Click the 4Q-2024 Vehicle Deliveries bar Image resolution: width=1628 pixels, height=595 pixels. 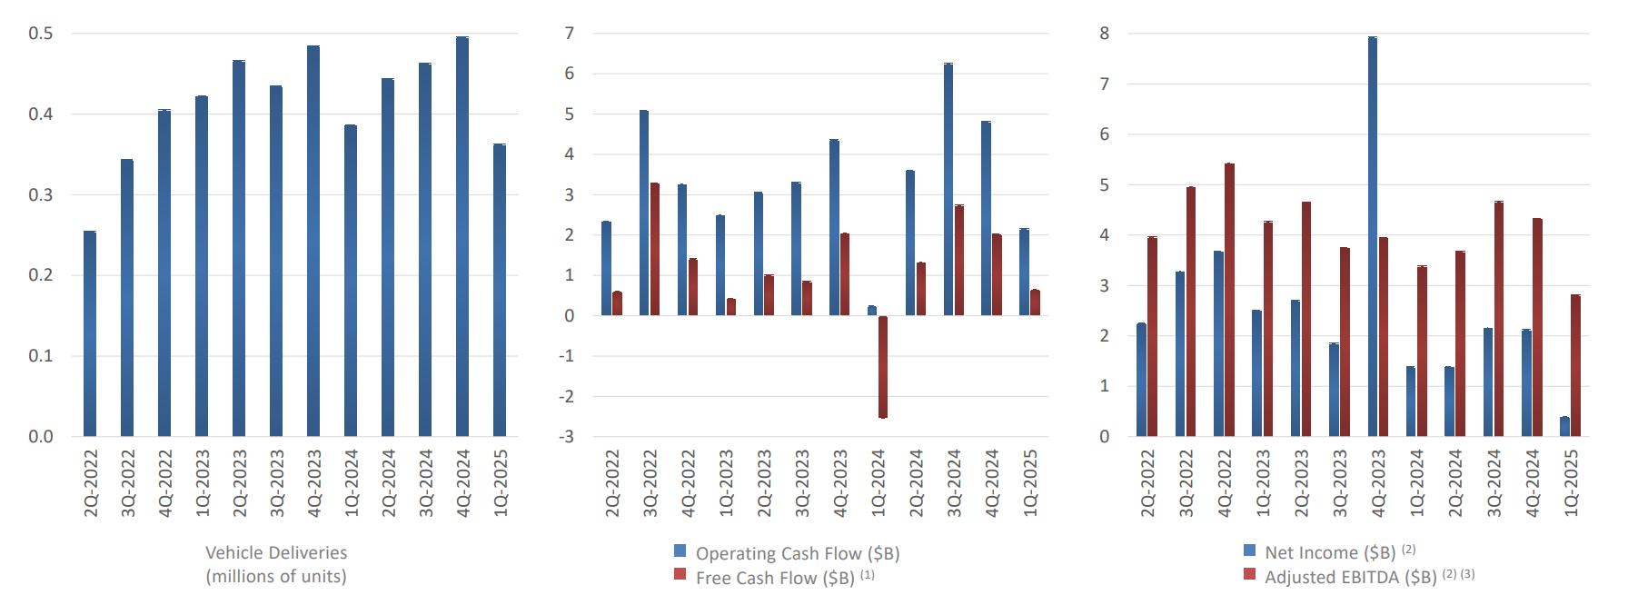click(462, 236)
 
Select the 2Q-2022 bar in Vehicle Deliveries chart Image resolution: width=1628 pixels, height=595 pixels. click(90, 333)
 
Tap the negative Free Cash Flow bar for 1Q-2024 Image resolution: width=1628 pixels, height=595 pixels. click(883, 367)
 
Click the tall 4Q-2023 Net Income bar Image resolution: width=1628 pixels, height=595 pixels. click(1372, 236)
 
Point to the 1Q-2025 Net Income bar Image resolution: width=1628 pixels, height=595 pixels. click(1564, 427)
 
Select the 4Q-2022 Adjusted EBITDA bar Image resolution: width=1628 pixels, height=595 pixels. click(1229, 300)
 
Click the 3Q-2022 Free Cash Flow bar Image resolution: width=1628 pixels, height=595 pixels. click(654, 249)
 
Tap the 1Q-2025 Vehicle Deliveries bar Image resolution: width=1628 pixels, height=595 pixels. click(500, 290)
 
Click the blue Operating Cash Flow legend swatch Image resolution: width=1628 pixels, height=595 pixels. click(680, 551)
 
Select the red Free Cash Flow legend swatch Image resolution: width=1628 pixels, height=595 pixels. click(680, 575)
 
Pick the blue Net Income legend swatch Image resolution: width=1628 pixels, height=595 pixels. click(1250, 550)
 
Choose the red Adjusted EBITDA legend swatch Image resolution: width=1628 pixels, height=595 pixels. click(1250, 574)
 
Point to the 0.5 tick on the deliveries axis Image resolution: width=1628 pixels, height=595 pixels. click(41, 34)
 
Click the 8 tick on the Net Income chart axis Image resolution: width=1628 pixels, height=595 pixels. click(1104, 34)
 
